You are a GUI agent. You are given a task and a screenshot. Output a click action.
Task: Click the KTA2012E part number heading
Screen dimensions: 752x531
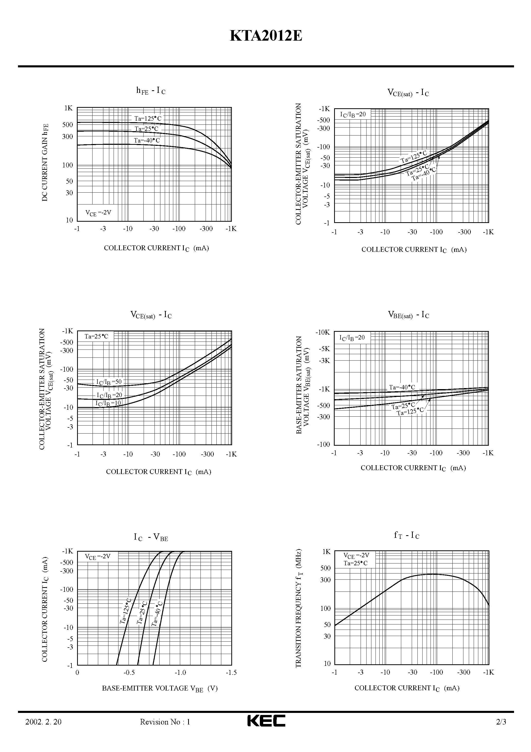(265, 36)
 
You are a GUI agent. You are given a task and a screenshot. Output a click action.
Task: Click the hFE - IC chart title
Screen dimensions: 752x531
(151, 91)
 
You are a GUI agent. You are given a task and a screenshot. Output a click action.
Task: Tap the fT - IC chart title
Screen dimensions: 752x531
(406, 535)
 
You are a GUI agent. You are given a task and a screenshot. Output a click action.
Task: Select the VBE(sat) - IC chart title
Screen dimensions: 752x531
(408, 315)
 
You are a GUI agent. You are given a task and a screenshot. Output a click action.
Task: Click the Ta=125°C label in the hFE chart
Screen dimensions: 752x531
(148, 119)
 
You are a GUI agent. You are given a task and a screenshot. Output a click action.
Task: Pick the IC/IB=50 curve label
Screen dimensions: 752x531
(109, 382)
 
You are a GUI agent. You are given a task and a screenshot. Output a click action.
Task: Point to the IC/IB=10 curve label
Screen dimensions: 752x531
(108, 404)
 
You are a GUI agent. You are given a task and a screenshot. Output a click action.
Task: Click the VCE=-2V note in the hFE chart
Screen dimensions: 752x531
(98, 213)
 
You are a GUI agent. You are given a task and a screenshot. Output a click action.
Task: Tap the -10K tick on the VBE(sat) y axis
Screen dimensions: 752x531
(323, 333)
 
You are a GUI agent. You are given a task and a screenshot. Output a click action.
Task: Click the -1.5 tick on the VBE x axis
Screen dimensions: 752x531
(231, 673)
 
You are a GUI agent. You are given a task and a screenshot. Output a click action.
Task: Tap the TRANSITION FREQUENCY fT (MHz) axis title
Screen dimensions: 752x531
(299, 608)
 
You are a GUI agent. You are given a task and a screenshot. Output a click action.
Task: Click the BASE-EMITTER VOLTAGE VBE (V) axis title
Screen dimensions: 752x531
(160, 688)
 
